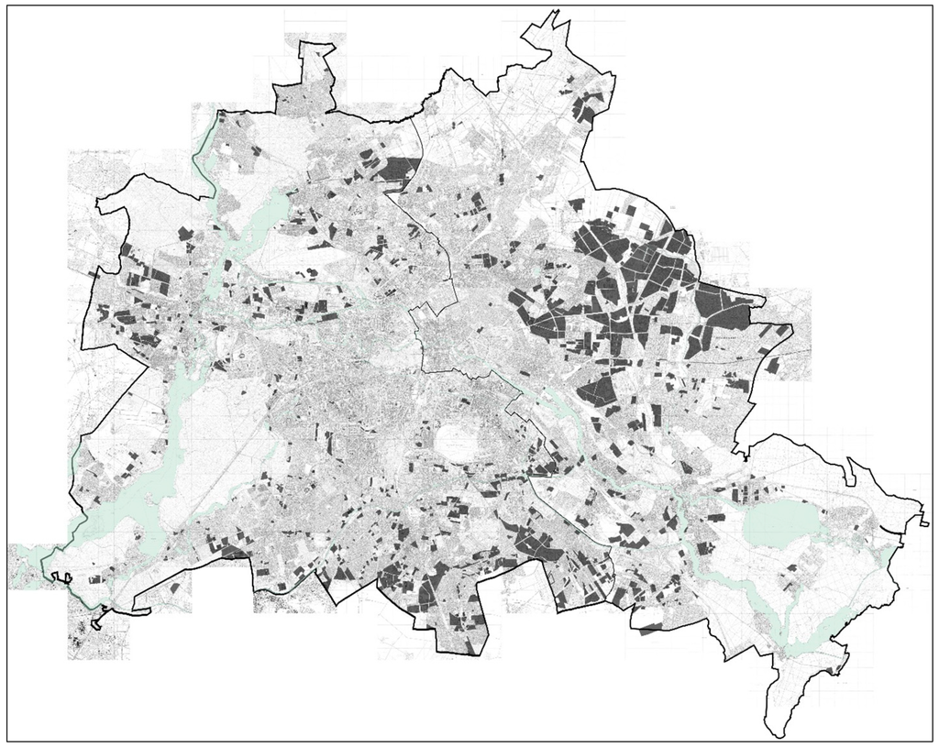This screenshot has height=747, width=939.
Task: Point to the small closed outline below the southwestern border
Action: click(62, 577)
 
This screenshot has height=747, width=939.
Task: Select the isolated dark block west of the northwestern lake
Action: click(186, 233)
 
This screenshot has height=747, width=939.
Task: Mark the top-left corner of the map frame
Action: click(7, 6)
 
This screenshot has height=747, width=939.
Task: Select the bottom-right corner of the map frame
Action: click(933, 741)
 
